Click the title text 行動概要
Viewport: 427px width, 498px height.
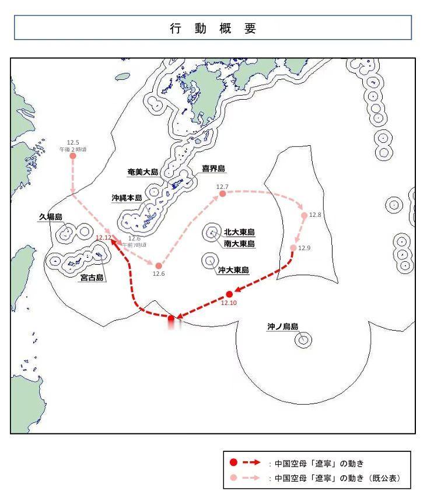(213, 29)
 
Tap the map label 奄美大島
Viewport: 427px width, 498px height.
(143, 172)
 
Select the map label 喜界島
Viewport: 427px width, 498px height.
(213, 169)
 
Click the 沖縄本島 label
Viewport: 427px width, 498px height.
(127, 198)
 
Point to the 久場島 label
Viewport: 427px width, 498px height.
(51, 217)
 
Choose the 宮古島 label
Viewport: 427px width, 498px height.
(92, 278)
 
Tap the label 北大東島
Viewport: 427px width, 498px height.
(240, 232)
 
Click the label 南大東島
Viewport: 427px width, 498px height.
(240, 243)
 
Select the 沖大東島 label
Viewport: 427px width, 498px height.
(233, 270)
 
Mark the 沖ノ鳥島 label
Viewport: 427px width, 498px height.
(283, 327)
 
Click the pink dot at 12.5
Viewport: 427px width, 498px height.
(73, 156)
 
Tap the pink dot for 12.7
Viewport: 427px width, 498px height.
(222, 194)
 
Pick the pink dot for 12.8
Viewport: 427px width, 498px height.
(304, 215)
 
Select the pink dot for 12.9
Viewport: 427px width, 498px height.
(293, 248)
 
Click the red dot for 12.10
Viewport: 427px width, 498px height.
(229, 293)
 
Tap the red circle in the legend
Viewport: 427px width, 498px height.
(233, 462)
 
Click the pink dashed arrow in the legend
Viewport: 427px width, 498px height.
(251, 478)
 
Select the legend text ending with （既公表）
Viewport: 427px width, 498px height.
(338, 478)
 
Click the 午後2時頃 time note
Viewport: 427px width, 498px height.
(73, 149)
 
